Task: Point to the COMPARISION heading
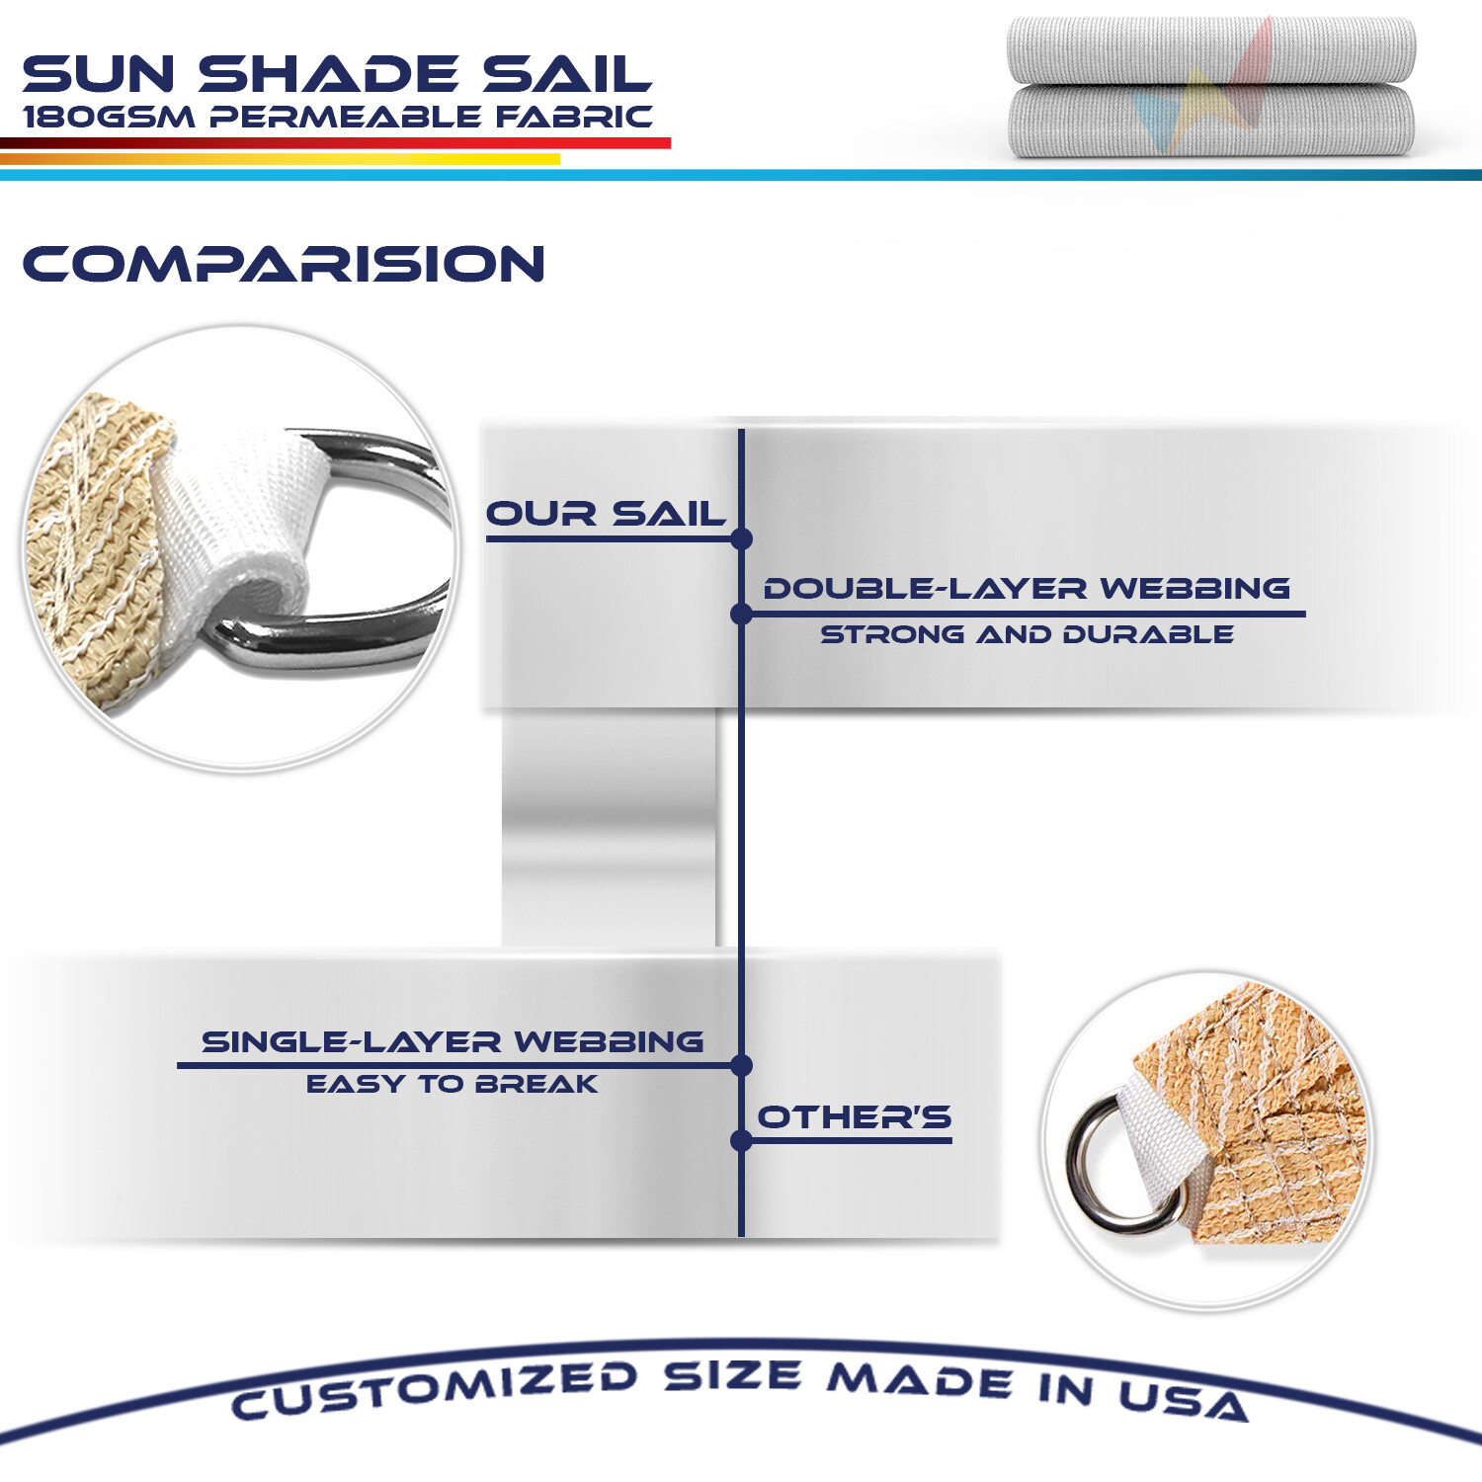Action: click(284, 265)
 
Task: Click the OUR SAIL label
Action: click(606, 514)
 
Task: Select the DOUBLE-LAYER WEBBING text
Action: click(1027, 589)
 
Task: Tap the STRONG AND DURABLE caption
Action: click(1027, 634)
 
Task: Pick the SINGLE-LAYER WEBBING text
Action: click(453, 1041)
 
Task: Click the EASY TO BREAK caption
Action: click(452, 1084)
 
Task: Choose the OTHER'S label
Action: click(854, 1117)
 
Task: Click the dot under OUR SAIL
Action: click(742, 538)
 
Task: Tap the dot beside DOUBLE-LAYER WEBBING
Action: click(741, 615)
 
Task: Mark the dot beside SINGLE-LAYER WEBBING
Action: click(742, 1065)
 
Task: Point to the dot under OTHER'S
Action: click(741, 1141)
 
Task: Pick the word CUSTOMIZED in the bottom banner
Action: click(435, 1388)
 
